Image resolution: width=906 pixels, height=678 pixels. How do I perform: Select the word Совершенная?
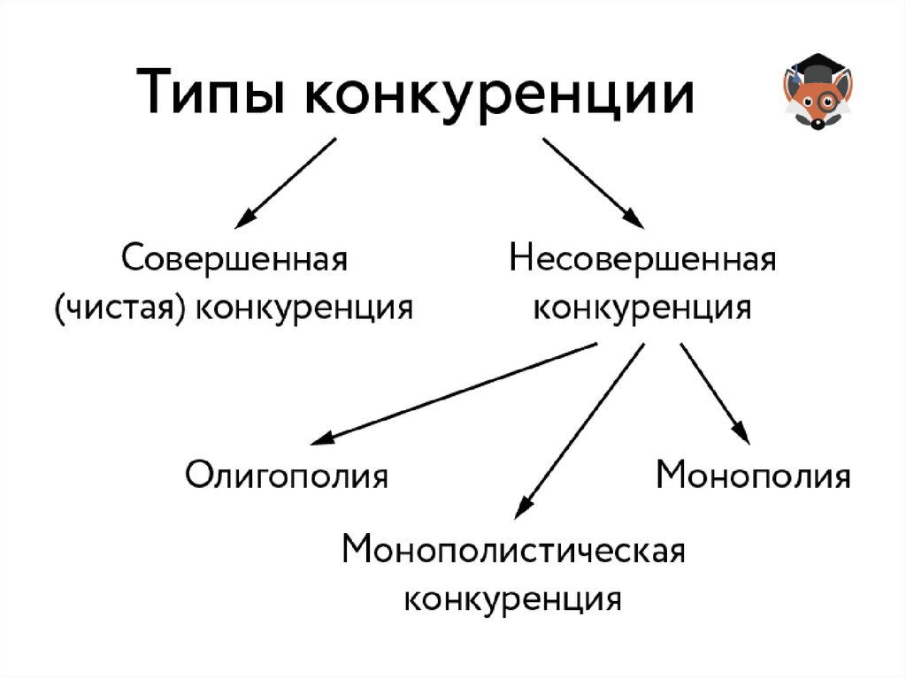pyautogui.click(x=234, y=260)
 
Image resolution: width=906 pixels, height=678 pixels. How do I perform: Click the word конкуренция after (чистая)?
pyautogui.click(x=304, y=308)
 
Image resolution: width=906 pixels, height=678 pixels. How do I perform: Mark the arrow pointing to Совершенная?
pyautogui.click(x=288, y=181)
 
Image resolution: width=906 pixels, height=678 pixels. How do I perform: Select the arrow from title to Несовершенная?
pyautogui.click(x=591, y=181)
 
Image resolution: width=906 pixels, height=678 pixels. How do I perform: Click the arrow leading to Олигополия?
pyautogui.click(x=451, y=393)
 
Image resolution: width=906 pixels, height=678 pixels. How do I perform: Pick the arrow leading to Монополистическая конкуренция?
pyautogui.click(x=580, y=428)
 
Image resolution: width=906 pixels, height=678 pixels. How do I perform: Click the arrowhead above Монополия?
pyautogui.click(x=743, y=436)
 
